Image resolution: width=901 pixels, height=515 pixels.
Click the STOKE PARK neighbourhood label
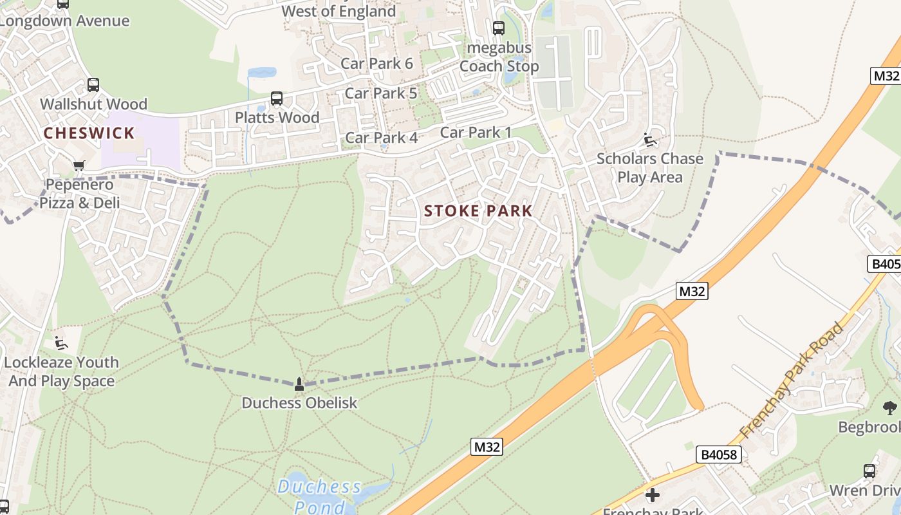coord(478,211)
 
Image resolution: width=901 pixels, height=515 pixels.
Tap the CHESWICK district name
coord(89,133)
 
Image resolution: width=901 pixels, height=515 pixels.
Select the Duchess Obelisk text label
coord(299,403)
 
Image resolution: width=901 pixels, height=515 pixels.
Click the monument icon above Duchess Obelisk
coord(299,384)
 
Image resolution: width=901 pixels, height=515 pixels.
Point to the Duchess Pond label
coord(320,496)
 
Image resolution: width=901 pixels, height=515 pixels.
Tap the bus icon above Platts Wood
coord(277,98)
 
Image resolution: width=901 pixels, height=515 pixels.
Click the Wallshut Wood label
coord(93,104)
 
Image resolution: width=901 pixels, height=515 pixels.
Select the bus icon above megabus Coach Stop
coord(499,28)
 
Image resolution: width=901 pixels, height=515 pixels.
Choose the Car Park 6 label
coord(376,63)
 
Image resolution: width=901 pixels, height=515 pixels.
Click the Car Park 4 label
coord(382,137)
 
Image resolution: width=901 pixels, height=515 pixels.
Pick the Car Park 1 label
coord(476,132)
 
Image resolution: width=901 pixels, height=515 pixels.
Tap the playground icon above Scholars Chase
coord(649,140)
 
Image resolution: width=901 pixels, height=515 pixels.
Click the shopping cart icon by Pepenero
coord(79,166)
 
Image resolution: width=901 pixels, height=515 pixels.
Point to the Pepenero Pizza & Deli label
coord(80,194)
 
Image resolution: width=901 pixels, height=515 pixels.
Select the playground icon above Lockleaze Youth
coord(61,343)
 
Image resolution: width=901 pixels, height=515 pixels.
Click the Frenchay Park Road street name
coord(792,381)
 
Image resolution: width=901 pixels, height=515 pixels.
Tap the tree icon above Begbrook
coord(890,407)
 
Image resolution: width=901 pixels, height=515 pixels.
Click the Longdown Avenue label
coord(64,21)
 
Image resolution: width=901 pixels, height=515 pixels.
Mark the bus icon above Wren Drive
coord(869,471)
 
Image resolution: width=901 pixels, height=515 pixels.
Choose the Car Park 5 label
coord(381,93)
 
